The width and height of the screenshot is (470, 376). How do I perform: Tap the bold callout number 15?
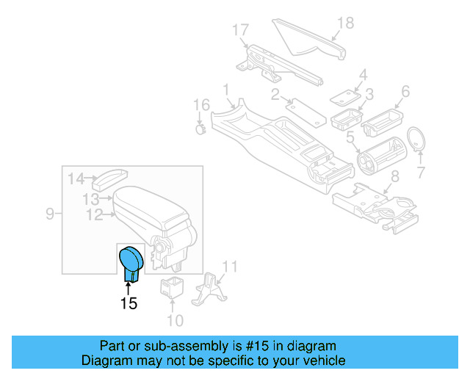pyautogui.click(x=129, y=303)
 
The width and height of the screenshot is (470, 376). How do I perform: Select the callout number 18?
pyautogui.click(x=344, y=23)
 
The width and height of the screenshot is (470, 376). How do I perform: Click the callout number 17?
pyautogui.click(x=241, y=30)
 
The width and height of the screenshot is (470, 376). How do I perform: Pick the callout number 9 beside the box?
pyautogui.click(x=50, y=214)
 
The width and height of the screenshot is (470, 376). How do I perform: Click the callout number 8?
pyautogui.click(x=394, y=176)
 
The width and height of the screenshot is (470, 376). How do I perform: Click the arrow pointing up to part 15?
pyautogui.click(x=129, y=283)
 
